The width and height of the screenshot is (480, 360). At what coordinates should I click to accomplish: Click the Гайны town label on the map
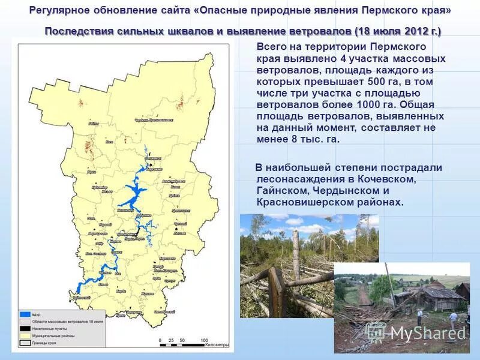(x=93, y=124)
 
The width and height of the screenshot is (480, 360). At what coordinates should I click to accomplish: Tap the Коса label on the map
(x=109, y=143)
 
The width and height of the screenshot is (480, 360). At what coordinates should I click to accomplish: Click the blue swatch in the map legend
(x=25, y=314)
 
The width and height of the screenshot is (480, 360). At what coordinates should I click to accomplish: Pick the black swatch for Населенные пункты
(x=25, y=329)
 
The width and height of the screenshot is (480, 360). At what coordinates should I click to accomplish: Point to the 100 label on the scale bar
(x=204, y=340)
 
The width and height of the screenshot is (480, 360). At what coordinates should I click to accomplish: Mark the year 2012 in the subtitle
(x=414, y=31)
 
